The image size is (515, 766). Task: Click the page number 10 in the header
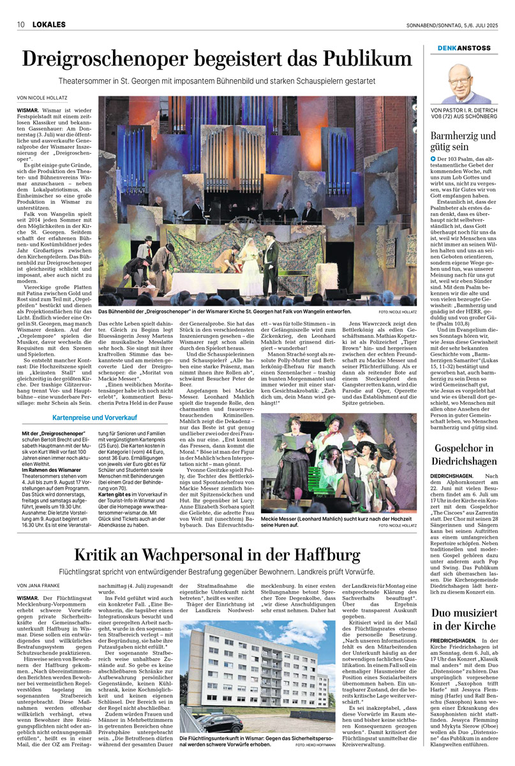(x=20, y=25)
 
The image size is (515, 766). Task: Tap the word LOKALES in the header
(x=46, y=25)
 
